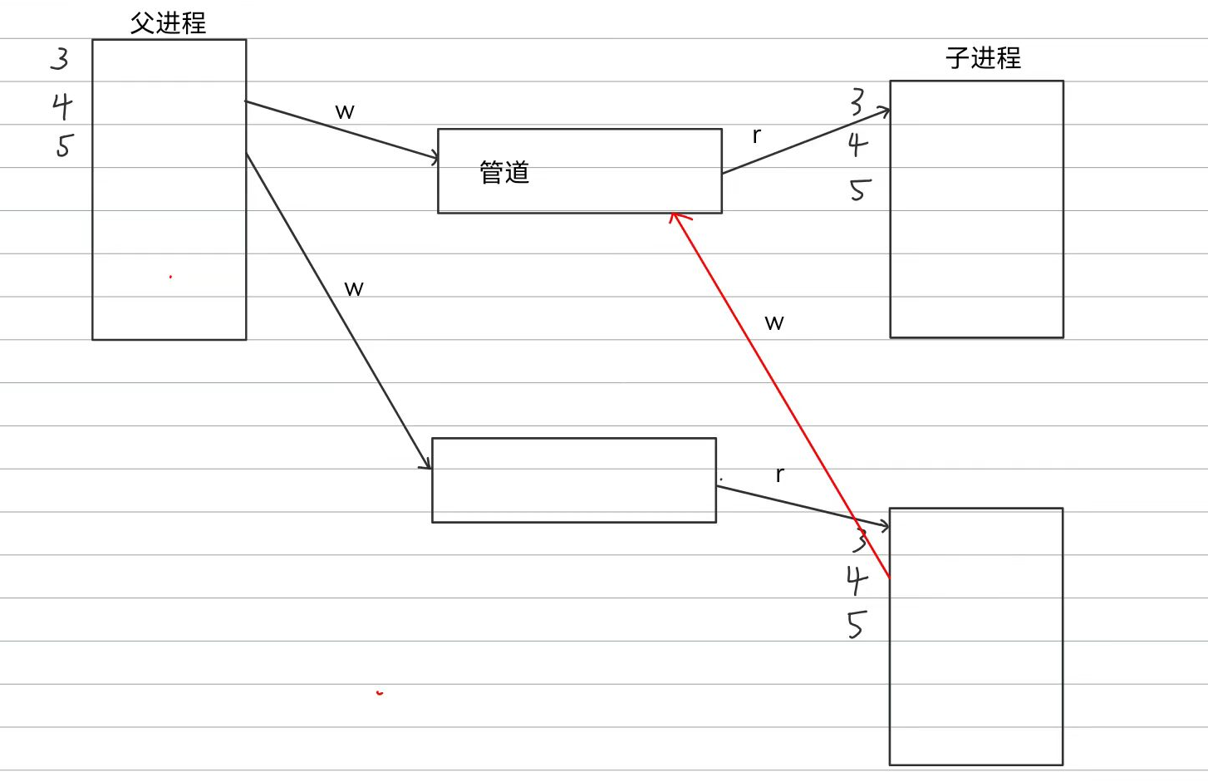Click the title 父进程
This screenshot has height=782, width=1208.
[168, 22]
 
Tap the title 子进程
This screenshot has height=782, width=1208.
[983, 57]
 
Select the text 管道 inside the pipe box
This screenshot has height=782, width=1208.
[504, 172]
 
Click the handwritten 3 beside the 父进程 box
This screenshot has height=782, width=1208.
[60, 59]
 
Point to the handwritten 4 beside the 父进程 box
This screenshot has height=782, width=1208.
[62, 106]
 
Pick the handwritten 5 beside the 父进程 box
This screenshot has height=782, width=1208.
[64, 145]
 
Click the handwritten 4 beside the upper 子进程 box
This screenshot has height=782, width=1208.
[858, 145]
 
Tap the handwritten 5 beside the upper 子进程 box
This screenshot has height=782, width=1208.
[859, 190]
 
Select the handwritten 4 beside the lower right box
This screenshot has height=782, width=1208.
[857, 580]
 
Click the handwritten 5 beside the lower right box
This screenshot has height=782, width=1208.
[857, 624]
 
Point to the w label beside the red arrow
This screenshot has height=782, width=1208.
[774, 322]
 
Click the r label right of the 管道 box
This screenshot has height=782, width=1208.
[756, 135]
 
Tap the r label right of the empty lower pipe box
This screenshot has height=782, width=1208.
[779, 474]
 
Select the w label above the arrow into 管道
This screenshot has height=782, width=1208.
[345, 111]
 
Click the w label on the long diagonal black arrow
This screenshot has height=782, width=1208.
[354, 288]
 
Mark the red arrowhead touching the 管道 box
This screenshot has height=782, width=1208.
[676, 218]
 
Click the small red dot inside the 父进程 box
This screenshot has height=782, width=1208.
[170, 277]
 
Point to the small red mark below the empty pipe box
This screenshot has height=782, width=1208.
[380, 692]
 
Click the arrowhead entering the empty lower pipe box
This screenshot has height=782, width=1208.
[427, 465]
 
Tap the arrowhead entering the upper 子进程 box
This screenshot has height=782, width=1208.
[885, 111]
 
